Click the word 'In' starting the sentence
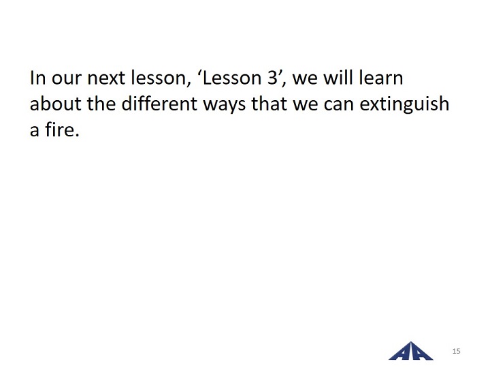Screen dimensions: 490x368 coord(37,78)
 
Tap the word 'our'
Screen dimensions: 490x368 coord(66,79)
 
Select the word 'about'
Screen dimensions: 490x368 coord(56,104)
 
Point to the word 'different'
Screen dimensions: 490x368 coord(159,104)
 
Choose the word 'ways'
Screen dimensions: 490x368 coord(225,106)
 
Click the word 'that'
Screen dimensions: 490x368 coord(269,104)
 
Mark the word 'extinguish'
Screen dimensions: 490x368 coord(404,104)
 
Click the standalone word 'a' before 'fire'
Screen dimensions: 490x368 coord(35,132)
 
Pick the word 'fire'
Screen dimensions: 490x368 coord(62,129)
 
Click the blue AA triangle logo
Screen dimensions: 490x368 coord(411,351)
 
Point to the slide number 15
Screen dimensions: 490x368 coord(456,351)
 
